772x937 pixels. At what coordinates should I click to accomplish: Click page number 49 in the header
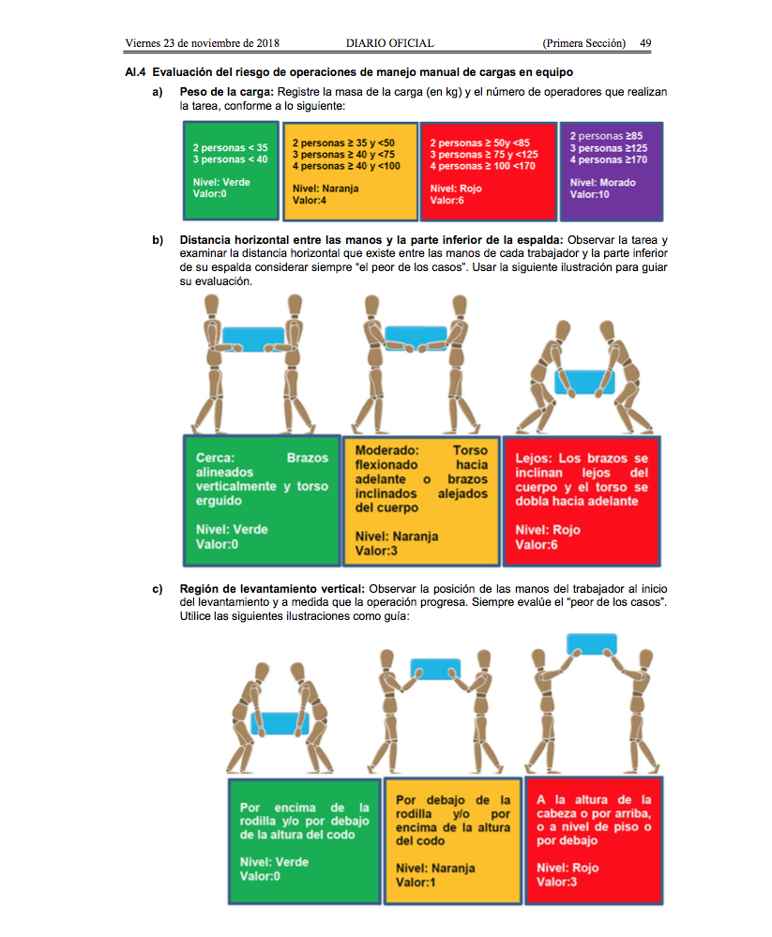645,43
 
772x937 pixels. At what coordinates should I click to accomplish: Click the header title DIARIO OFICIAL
389,43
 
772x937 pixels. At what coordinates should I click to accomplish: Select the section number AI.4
136,71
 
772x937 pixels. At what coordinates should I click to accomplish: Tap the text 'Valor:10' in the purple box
591,194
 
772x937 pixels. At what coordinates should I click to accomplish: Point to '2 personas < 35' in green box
230,147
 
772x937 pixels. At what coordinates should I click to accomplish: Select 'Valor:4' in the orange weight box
309,200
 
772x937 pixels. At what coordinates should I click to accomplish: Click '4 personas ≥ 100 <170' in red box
482,166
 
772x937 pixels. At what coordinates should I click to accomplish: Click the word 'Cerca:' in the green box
216,458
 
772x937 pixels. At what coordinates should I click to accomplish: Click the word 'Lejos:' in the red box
534,459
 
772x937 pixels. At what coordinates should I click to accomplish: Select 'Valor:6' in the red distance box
537,544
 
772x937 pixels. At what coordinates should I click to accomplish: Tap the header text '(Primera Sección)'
583,43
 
